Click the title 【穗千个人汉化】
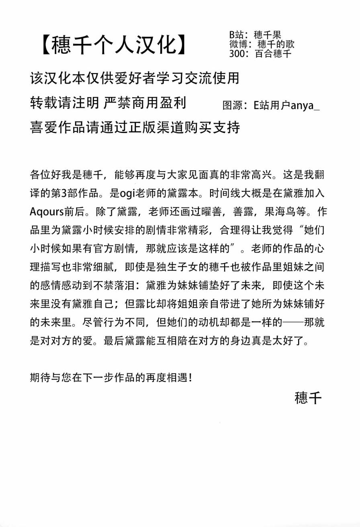[x=115, y=44]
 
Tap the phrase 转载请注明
[x=64, y=103]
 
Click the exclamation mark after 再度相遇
[x=190, y=378]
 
